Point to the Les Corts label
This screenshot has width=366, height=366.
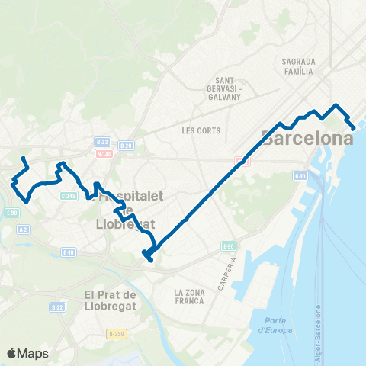coord(201,130)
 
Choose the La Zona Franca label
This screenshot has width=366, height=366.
coord(189,297)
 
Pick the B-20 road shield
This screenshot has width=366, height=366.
coord(127,145)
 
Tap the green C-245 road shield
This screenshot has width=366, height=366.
coord(69,195)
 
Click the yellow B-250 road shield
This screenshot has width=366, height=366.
coord(116,333)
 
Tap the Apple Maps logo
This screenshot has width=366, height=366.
coord(28,352)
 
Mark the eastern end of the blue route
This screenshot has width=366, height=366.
coord(353,127)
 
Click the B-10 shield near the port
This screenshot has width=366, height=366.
coord(300,176)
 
